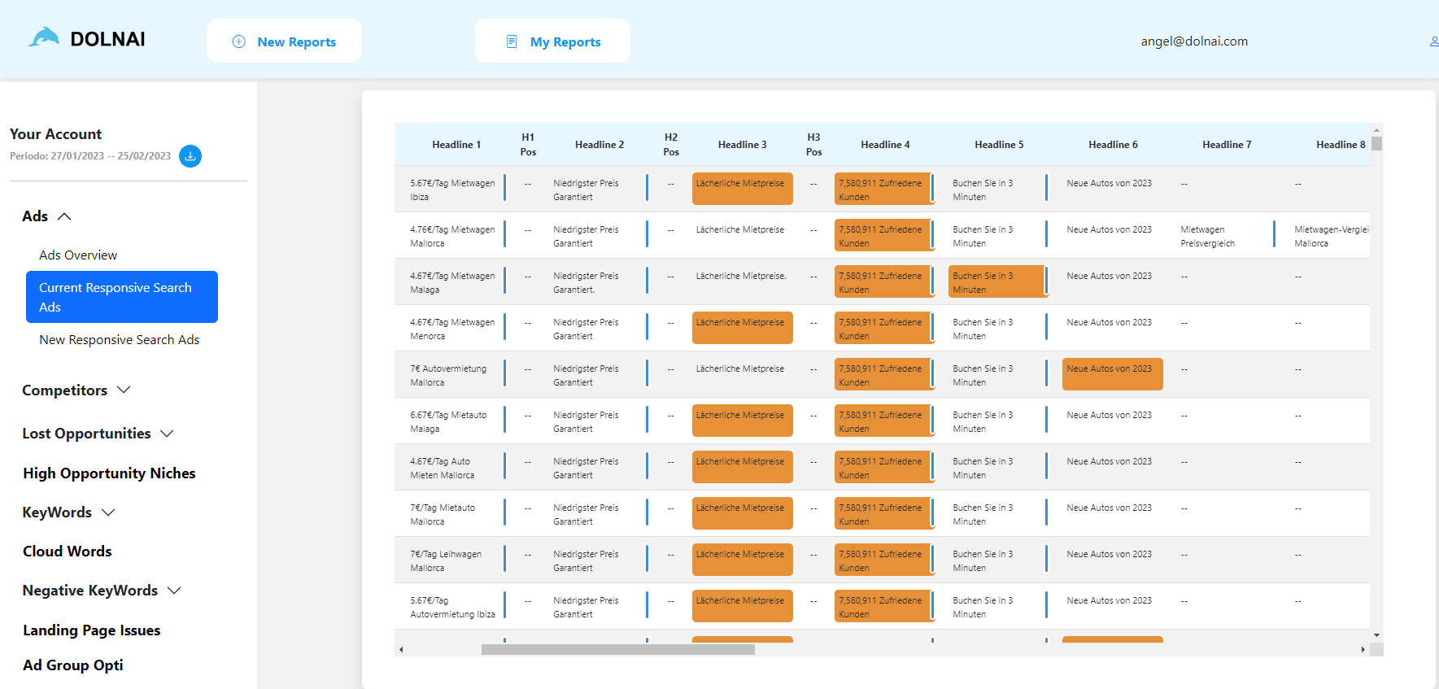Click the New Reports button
click(284, 41)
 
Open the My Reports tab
click(553, 41)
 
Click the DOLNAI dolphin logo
click(45, 38)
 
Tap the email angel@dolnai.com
click(1193, 41)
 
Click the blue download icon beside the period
click(190, 156)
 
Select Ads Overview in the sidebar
click(78, 255)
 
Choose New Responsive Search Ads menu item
click(120, 340)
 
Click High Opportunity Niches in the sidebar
click(109, 473)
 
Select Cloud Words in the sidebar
click(68, 552)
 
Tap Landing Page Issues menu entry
click(92, 630)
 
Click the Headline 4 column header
click(885, 145)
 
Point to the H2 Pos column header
click(671, 145)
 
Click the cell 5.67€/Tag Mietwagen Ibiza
click(452, 190)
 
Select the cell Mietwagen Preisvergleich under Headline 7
click(1208, 237)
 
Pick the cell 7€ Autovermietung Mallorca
click(448, 376)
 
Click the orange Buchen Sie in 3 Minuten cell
click(997, 282)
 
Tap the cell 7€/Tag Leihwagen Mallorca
click(446, 561)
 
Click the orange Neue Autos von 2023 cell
click(1111, 374)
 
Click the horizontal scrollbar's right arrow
click(1363, 649)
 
